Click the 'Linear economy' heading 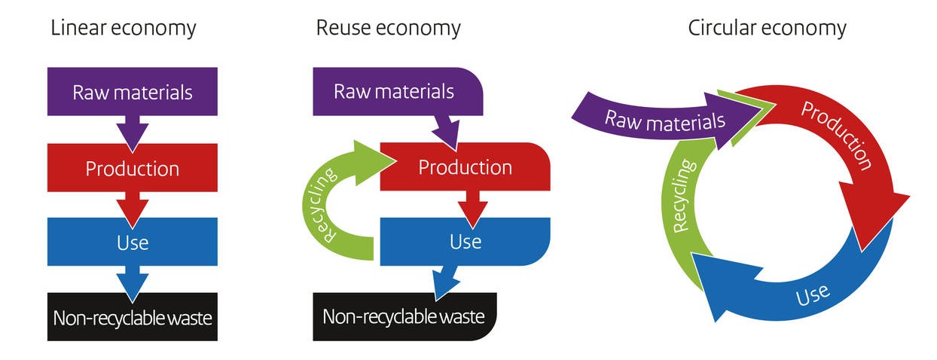(x=123, y=29)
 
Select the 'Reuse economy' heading (x=388, y=29)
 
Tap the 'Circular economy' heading (x=767, y=29)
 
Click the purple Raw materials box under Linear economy (x=133, y=92)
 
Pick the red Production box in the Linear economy (x=133, y=168)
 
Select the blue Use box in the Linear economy (x=133, y=243)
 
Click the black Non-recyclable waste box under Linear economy (x=133, y=317)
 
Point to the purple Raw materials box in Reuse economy (x=394, y=91)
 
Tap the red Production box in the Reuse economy (x=465, y=166)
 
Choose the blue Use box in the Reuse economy (x=465, y=241)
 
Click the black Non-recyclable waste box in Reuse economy (x=404, y=316)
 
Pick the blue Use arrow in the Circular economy (x=813, y=290)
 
